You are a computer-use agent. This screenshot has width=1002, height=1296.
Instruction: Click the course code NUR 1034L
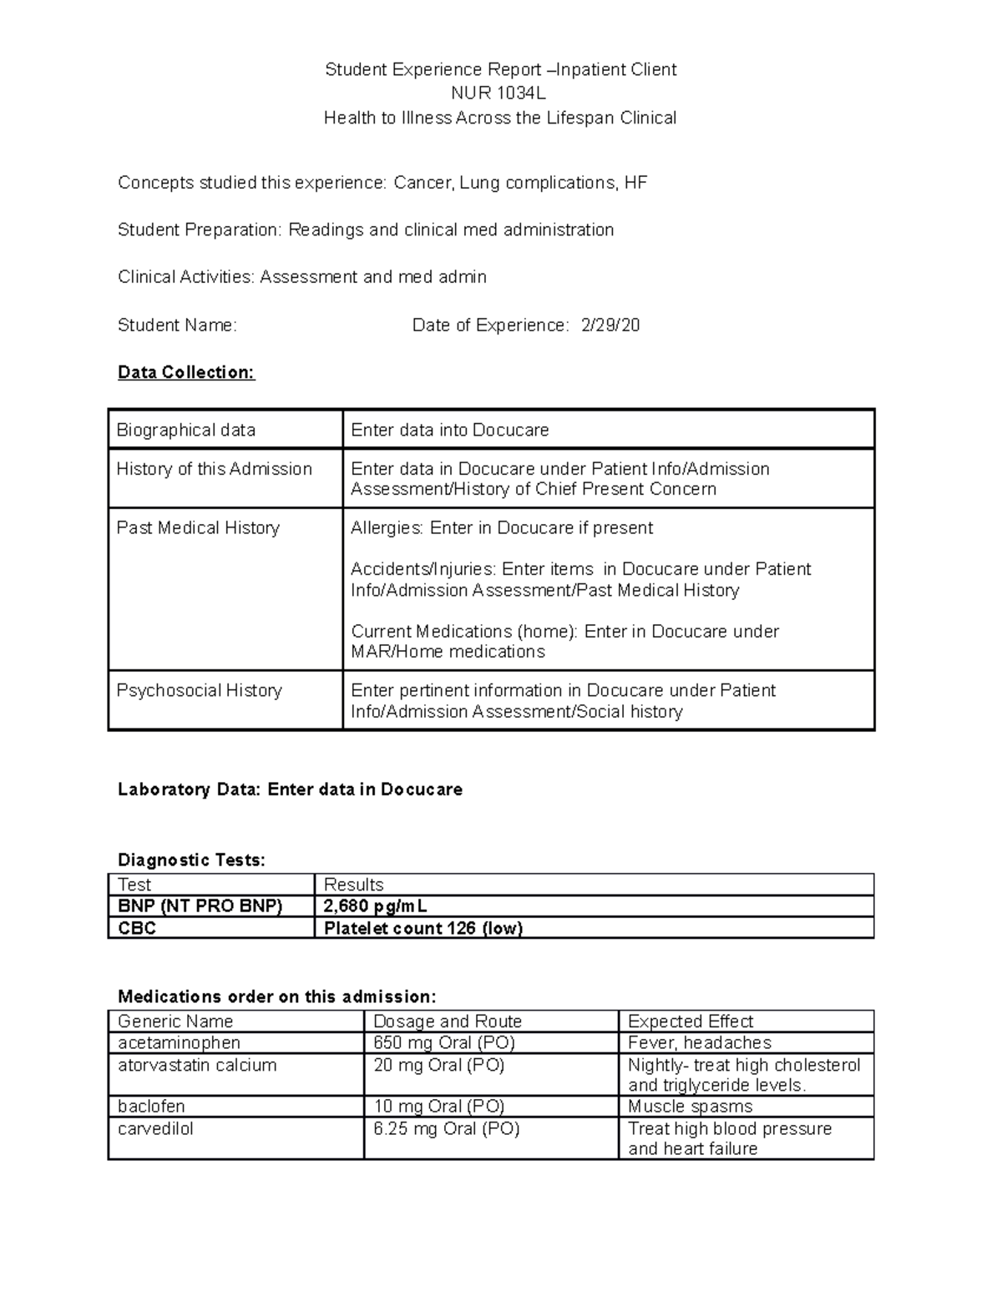pyautogui.click(x=499, y=93)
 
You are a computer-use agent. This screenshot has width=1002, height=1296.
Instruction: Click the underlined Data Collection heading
pyautogui.click(x=186, y=372)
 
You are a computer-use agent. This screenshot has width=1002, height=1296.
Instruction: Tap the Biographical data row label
pyautogui.click(x=186, y=430)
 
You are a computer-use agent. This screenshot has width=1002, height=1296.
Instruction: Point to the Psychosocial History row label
pyautogui.click(x=200, y=690)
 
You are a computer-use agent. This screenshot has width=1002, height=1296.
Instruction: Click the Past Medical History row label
pyautogui.click(x=198, y=527)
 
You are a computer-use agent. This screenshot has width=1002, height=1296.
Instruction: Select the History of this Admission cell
pyautogui.click(x=215, y=469)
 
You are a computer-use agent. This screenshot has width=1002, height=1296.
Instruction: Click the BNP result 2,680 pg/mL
pyautogui.click(x=376, y=906)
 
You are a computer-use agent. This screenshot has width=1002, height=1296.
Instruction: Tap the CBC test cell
pyautogui.click(x=138, y=928)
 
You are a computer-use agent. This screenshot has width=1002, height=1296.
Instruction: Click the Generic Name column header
pyautogui.click(x=175, y=1021)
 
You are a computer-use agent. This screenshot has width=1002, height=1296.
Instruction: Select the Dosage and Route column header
pyautogui.click(x=448, y=1021)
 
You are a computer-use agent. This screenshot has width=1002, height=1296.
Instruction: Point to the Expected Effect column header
pyautogui.click(x=691, y=1021)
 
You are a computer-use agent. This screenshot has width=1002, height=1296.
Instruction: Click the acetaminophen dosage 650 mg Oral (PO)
pyautogui.click(x=444, y=1042)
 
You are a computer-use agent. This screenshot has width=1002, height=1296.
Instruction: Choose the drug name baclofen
pyautogui.click(x=151, y=1107)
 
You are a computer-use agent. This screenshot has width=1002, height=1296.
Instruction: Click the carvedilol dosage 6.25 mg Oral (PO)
pyautogui.click(x=447, y=1128)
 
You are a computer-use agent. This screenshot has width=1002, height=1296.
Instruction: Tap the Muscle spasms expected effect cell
pyautogui.click(x=690, y=1107)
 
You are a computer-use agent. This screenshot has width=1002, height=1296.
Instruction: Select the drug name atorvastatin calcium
pyautogui.click(x=197, y=1065)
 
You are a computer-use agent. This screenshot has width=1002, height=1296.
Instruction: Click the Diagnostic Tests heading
pyautogui.click(x=191, y=860)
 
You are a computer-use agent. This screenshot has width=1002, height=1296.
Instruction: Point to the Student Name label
pyautogui.click(x=177, y=325)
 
